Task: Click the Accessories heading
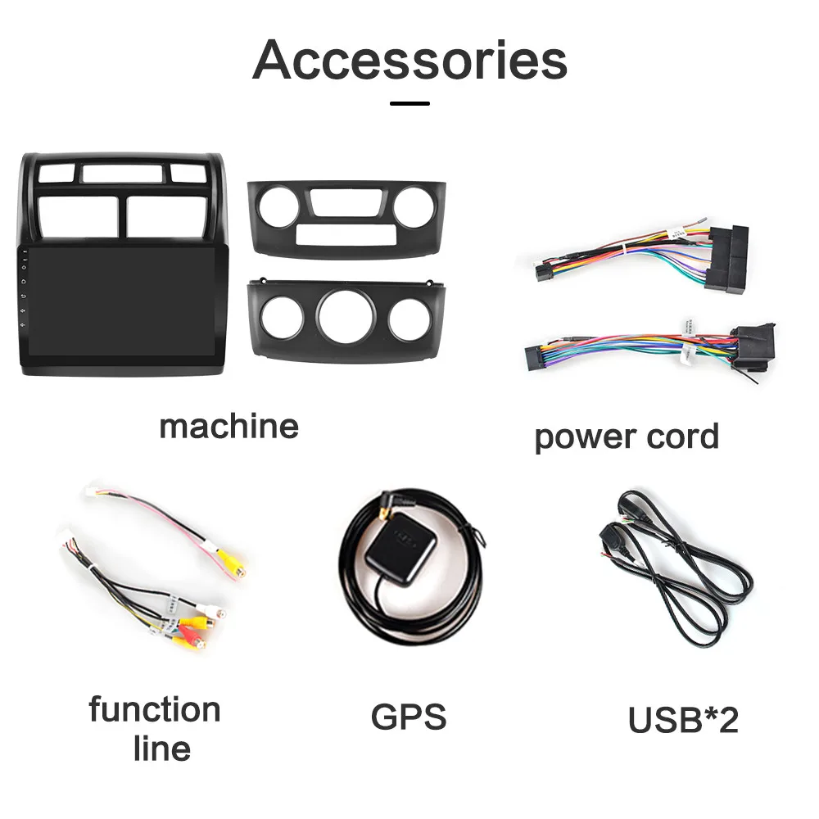(409, 59)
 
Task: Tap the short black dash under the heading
(409, 104)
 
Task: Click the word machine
(229, 426)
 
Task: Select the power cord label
(627, 437)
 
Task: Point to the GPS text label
(409, 717)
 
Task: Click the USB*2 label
(683, 720)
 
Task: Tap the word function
(155, 709)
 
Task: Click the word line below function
(162, 749)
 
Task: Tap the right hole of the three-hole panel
(409, 319)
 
